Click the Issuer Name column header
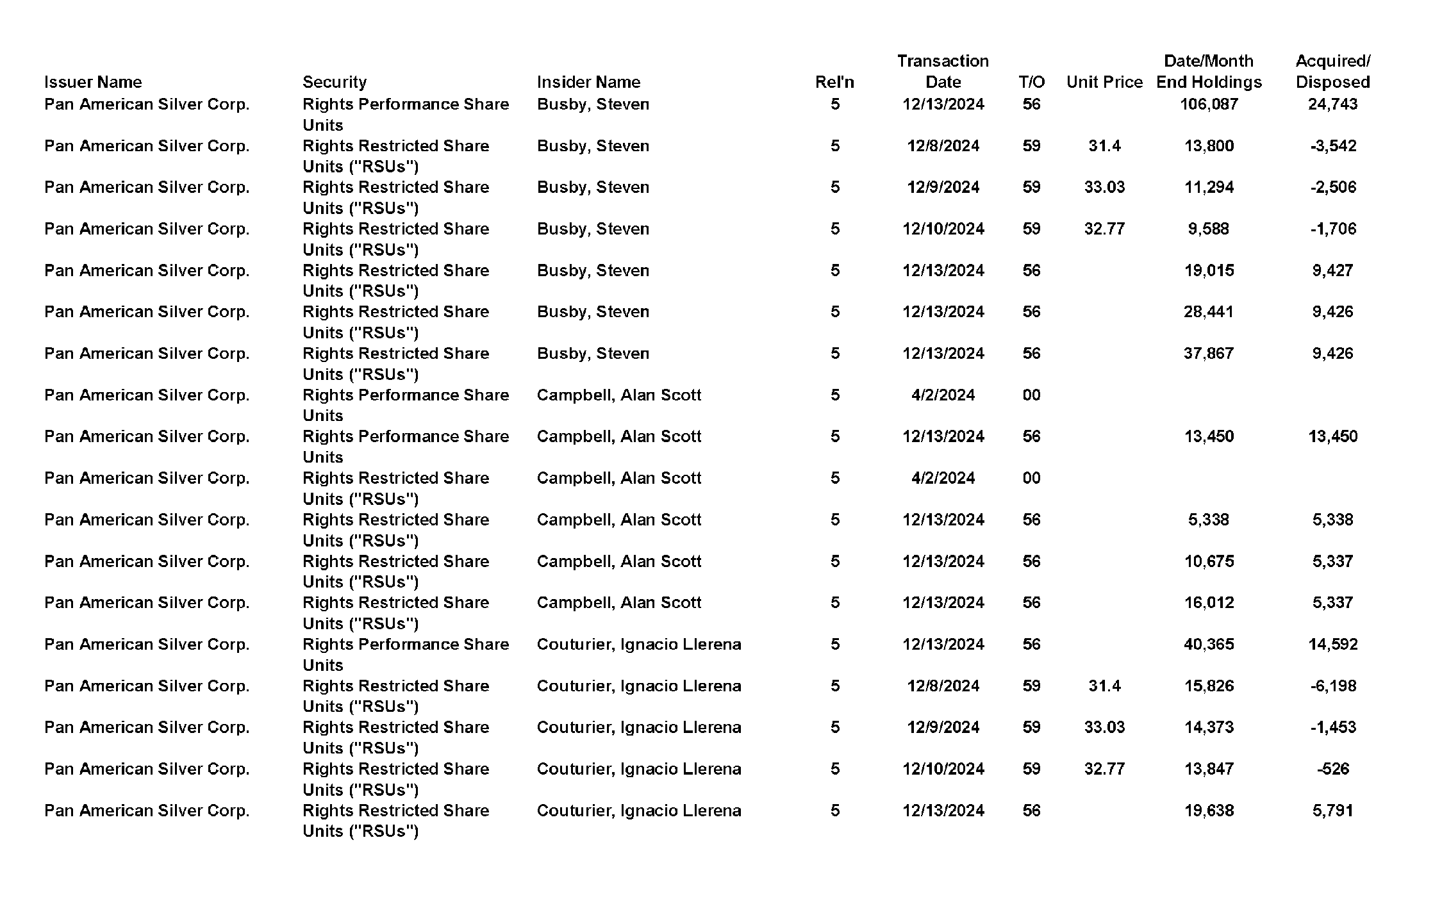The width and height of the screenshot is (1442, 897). [93, 82]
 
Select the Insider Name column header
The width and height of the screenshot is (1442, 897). [588, 82]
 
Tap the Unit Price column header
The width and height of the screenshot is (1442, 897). [1104, 82]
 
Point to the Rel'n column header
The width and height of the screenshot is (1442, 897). [834, 82]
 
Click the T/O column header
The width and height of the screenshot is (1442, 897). [1031, 82]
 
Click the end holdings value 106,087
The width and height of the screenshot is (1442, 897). [1209, 104]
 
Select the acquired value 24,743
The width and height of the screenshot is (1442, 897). [1332, 104]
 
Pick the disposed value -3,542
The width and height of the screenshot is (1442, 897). [1333, 146]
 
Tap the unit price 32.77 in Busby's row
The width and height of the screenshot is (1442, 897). [1104, 229]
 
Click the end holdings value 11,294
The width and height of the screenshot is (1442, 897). [1209, 187]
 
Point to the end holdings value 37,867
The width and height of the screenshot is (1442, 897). [1209, 354]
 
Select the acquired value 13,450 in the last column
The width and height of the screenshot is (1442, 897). [1332, 436]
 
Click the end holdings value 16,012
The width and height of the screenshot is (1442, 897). [1209, 602]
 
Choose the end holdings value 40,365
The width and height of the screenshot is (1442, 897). [1209, 644]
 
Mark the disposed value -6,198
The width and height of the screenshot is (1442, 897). [1333, 686]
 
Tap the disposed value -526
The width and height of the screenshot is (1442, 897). [1333, 769]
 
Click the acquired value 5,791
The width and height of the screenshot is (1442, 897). [1332, 811]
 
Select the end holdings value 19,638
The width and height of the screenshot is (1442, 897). [1209, 811]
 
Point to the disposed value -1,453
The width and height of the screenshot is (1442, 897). [1333, 727]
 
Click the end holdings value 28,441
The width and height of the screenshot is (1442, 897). [1209, 312]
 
